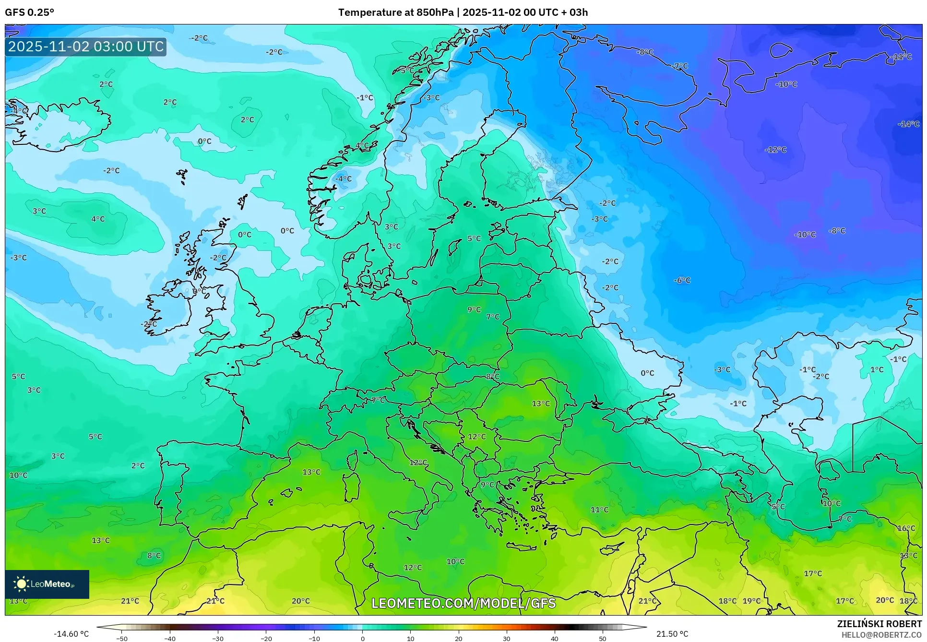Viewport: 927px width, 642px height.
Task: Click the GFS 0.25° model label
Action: [x=29, y=12]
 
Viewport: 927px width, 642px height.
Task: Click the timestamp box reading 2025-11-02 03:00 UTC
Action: [x=86, y=47]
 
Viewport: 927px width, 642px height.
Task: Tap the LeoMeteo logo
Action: [x=47, y=584]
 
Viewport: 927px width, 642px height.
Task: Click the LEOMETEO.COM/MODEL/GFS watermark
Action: [x=463, y=603]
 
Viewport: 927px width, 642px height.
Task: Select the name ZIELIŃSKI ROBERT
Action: [x=879, y=624]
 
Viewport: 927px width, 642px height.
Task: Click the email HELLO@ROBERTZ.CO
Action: [x=881, y=635]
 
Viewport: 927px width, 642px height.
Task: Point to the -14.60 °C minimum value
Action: [x=71, y=634]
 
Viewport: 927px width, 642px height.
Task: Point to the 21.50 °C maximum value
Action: [x=672, y=634]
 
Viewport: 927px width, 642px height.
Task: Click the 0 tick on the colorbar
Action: [x=362, y=638]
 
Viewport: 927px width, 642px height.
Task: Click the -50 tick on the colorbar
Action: [x=122, y=638]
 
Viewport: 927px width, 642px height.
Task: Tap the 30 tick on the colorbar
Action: [x=506, y=638]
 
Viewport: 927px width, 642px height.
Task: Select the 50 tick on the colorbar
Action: [x=602, y=638]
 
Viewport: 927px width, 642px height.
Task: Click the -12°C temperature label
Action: [x=775, y=150]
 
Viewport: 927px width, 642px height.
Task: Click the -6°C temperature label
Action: [x=682, y=280]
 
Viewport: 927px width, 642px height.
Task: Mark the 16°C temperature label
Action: [x=906, y=528]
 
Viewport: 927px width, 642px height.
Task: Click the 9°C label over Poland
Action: [x=474, y=309]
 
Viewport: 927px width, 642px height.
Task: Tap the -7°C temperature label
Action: [x=680, y=66]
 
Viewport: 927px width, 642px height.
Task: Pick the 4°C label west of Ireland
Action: [x=98, y=219]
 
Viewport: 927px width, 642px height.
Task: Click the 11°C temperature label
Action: [x=599, y=510]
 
